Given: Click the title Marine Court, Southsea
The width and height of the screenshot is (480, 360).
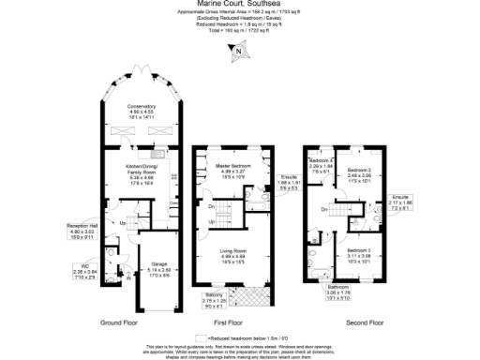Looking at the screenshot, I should [x=239, y=5].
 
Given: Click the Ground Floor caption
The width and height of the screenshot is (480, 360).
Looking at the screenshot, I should [x=119, y=322].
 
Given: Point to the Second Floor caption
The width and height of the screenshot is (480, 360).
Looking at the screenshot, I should [x=366, y=322].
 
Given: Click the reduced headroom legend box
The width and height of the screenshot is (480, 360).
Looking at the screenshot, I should [x=198, y=337].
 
